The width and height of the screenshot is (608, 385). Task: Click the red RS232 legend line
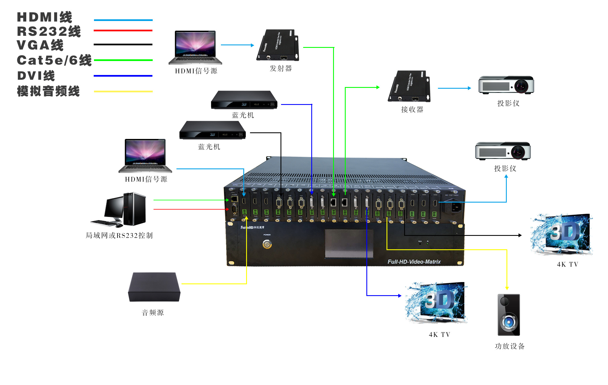coord(123,30)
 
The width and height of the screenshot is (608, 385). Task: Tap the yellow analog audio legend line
coord(123,91)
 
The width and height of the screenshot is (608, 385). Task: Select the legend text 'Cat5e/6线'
coord(54,60)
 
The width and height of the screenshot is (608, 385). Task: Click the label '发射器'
coord(281,68)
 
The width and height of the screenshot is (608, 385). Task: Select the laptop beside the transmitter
coord(195,48)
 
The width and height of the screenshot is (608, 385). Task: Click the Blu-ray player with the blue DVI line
coord(244,100)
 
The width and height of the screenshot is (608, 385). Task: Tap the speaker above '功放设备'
coord(509,315)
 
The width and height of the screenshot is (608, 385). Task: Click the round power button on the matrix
coord(267,244)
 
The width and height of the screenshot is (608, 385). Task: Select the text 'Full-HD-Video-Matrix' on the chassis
coord(414,262)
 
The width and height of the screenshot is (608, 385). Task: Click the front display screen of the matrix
coord(349,244)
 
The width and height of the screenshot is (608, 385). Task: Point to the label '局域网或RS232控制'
coord(119,235)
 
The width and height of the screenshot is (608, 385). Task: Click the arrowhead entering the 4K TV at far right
coord(520,235)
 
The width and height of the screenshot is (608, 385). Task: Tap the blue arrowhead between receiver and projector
coord(469,88)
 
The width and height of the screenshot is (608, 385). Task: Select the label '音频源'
coord(153,313)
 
